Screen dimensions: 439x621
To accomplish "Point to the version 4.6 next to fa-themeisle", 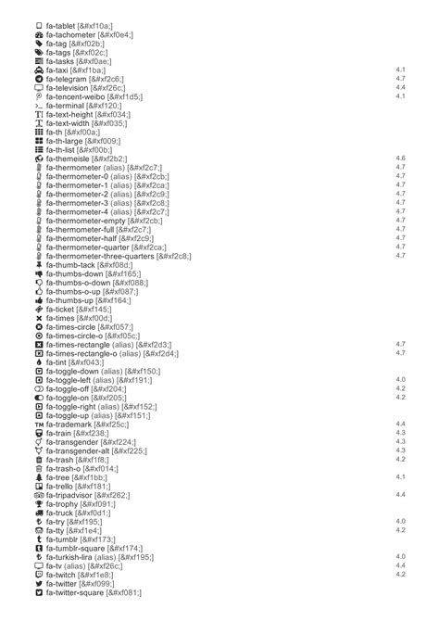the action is click(x=401, y=158).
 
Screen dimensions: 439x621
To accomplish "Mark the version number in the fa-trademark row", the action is click(x=401, y=424).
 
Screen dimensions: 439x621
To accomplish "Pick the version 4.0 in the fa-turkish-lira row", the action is click(x=401, y=556).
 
